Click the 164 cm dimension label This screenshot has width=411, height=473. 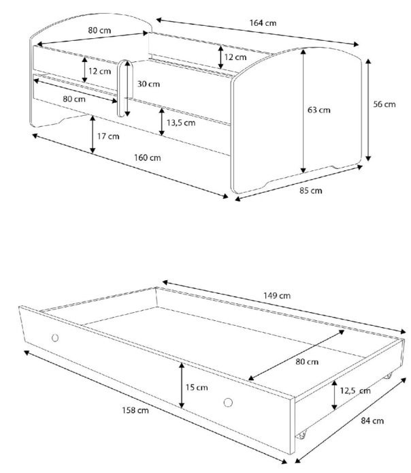coord(263,23)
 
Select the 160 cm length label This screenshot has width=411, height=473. coord(148,157)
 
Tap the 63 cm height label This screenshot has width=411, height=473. coord(319,110)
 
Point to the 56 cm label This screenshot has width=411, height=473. coord(384,104)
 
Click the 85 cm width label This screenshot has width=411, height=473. coord(311,191)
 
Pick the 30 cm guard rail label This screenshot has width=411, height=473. coord(148,84)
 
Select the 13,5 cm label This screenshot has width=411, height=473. coord(181,123)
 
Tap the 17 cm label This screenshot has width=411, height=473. coord(108,136)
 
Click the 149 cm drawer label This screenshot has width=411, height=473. coord(277,295)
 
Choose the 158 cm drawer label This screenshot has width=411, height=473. coord(135,410)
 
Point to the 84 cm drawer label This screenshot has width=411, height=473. coord(372,421)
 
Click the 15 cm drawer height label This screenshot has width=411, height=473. coord(197,387)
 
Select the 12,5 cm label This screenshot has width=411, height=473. coord(355,391)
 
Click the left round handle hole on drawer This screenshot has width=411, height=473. coord(55,337)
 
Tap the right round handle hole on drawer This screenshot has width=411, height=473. coord(228,402)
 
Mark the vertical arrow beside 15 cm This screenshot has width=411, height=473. coord(182,385)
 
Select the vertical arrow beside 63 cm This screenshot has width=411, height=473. coord(303,111)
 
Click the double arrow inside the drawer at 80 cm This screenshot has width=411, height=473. coord(296,355)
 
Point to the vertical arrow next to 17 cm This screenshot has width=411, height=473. coord(93,134)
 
